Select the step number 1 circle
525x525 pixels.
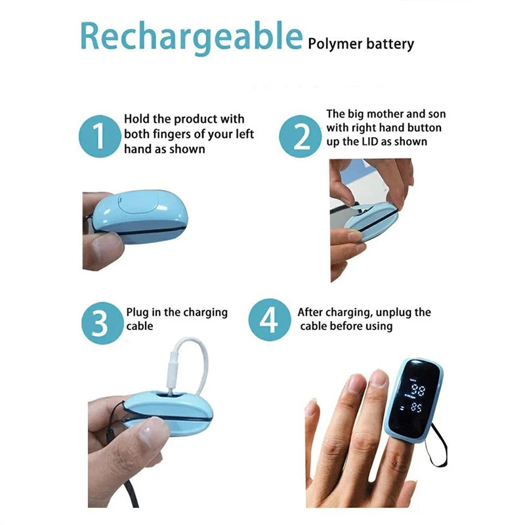(x=99, y=136)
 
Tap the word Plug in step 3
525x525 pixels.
(x=138, y=312)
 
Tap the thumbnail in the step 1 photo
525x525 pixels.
(x=105, y=248)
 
